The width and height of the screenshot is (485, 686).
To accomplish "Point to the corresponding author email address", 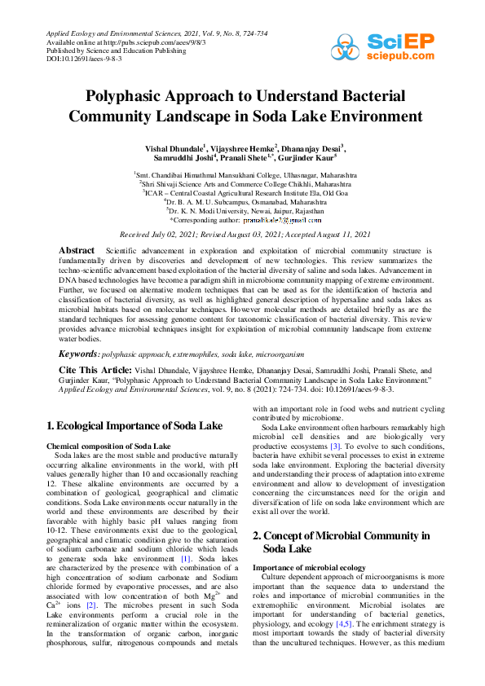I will pyautogui.click(x=282, y=220).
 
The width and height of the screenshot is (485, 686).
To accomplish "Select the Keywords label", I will pyautogui.click(x=79, y=354).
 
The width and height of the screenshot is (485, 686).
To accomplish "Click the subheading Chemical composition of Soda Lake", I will pyautogui.click(x=108, y=446).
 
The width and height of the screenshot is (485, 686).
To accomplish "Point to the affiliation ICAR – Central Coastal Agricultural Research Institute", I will pyautogui.click(x=242, y=192).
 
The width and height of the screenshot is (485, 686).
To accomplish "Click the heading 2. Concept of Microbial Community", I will pyautogui.click(x=341, y=535).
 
